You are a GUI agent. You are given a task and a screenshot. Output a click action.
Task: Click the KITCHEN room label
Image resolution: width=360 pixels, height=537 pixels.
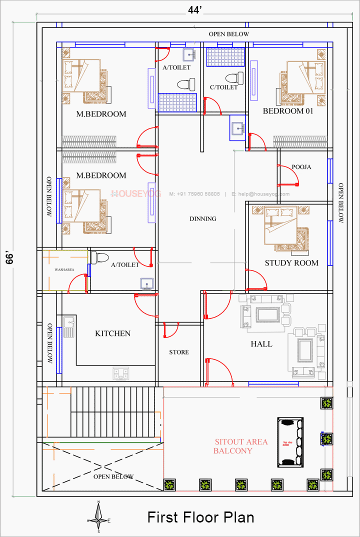(x=112, y=333)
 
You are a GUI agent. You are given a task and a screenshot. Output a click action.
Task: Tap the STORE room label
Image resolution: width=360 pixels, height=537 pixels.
(x=178, y=352)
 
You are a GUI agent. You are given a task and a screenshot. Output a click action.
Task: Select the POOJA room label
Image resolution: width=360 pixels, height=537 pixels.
(x=301, y=167)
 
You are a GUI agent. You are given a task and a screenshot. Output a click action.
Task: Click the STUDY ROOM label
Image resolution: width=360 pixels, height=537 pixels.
(x=291, y=263)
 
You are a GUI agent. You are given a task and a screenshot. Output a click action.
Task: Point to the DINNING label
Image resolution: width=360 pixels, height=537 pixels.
(x=203, y=218)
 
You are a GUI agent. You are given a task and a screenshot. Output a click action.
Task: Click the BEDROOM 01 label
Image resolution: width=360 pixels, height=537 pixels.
(x=288, y=111)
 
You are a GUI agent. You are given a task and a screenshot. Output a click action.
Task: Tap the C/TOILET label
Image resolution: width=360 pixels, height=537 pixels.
(x=223, y=87)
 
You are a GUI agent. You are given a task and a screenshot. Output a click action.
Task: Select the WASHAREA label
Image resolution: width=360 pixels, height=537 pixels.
(x=64, y=270)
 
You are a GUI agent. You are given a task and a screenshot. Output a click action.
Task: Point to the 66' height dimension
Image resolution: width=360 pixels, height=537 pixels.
(x=13, y=259)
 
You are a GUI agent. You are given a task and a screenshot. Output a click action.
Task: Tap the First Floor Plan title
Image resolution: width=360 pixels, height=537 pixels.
(x=200, y=517)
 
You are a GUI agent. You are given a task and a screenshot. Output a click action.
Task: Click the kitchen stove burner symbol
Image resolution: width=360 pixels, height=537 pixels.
(x=120, y=372)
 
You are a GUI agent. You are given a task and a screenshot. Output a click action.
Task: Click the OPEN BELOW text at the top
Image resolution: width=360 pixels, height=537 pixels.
(x=228, y=34)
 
